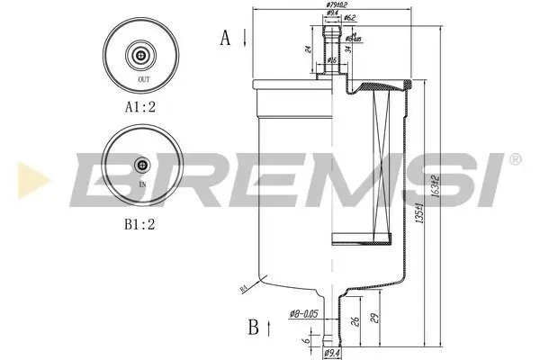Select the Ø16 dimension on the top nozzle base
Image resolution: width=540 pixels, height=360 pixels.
tap(332, 59)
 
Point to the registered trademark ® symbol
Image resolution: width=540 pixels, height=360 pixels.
tap(514, 158)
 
